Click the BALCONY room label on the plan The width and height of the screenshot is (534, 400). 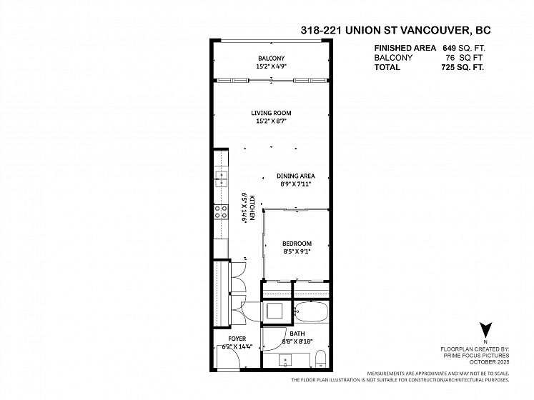pyautogui.click(x=271, y=58)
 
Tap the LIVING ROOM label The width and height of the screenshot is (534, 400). pyautogui.click(x=271, y=113)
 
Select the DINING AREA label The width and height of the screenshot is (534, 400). pyautogui.click(x=296, y=176)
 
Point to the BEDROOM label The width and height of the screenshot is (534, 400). pyautogui.click(x=297, y=244)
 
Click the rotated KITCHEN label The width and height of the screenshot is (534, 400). pyautogui.click(x=252, y=208)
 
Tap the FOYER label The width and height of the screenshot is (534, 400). pyautogui.click(x=237, y=339)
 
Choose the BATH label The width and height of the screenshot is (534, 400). pyautogui.click(x=297, y=334)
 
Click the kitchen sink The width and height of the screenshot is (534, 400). pyautogui.click(x=221, y=179)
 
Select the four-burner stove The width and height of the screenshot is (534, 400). pyautogui.click(x=221, y=211)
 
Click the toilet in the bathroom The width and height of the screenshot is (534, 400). pyautogui.click(x=321, y=359)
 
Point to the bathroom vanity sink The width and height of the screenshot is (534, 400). pyautogui.click(x=285, y=360)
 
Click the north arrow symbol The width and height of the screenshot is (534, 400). pyautogui.click(x=485, y=329)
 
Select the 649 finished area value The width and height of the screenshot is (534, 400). pyautogui.click(x=449, y=48)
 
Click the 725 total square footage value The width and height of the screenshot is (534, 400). pyautogui.click(x=448, y=67)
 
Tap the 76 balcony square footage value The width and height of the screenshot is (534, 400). pyautogui.click(x=450, y=58)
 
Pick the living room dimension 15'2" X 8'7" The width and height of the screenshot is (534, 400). pyautogui.click(x=271, y=121)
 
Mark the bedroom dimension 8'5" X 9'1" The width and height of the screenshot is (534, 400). pyautogui.click(x=297, y=251)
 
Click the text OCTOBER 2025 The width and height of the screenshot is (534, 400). pyautogui.click(x=489, y=362)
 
